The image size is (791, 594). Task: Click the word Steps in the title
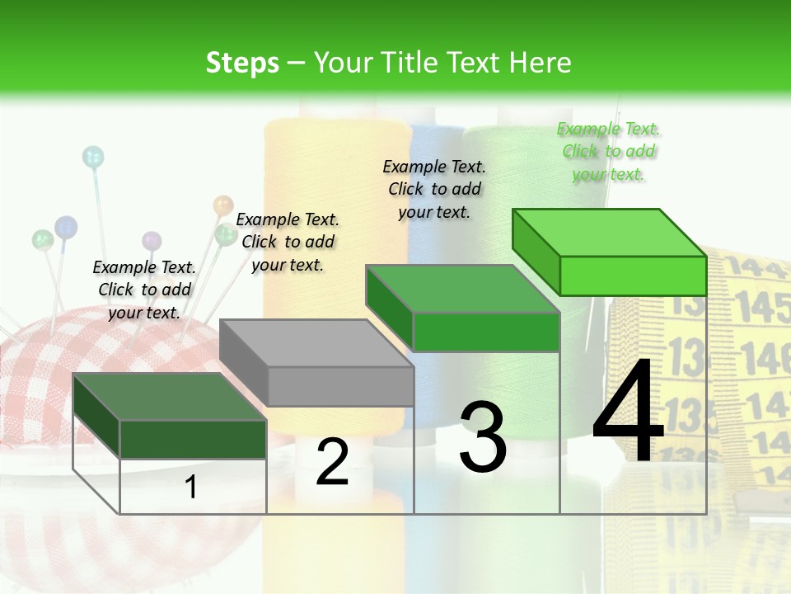click(242, 63)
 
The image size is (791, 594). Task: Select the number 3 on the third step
click(483, 437)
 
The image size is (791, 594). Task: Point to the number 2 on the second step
click(332, 462)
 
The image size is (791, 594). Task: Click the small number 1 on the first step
click(191, 488)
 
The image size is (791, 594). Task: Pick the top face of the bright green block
click(609, 233)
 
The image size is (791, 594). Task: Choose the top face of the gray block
click(316, 343)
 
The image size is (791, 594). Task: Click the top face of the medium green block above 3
click(462, 289)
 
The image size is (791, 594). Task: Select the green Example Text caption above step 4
click(609, 152)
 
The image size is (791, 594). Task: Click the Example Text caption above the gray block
click(288, 242)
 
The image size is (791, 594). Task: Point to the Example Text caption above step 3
click(434, 189)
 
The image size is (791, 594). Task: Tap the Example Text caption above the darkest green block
click(144, 290)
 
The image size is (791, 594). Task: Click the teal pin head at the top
click(93, 156)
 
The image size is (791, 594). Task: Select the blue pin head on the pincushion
click(66, 225)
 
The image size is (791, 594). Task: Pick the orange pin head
click(223, 205)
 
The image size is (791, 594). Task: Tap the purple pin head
click(152, 241)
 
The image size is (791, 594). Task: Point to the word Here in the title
click(540, 63)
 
